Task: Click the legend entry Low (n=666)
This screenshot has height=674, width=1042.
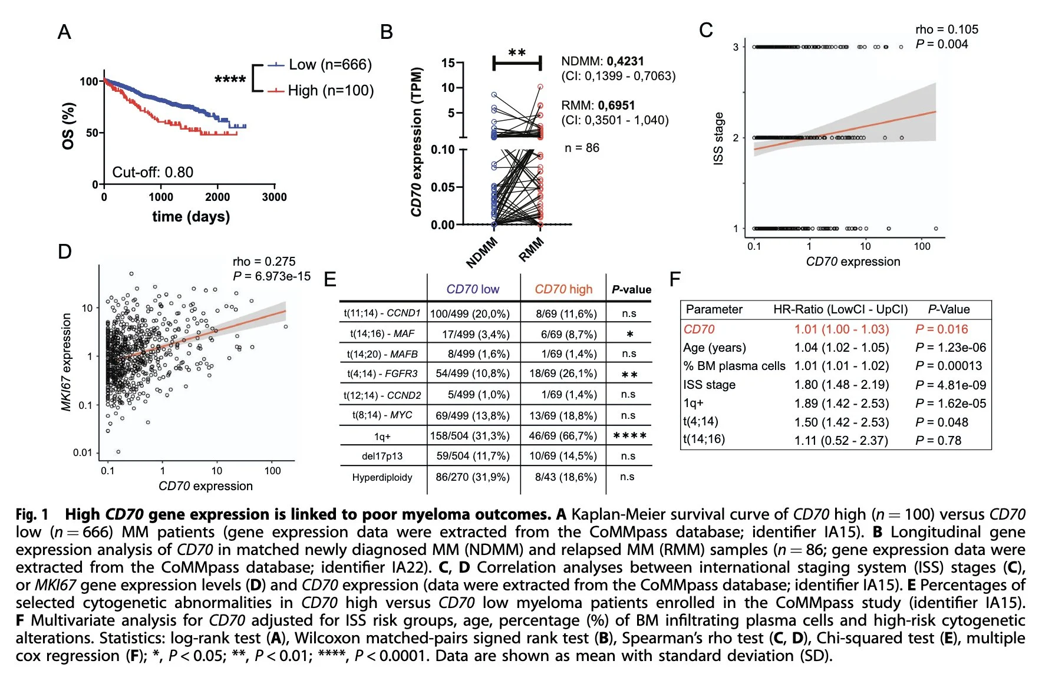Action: click(329, 65)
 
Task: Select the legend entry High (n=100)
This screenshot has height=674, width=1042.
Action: click(330, 91)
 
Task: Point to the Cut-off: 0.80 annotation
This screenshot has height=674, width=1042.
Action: click(153, 173)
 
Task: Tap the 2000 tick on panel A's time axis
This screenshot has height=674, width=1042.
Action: click(217, 197)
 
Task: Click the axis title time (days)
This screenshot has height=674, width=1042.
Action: click(191, 217)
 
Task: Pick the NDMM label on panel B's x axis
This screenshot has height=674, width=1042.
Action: click(482, 253)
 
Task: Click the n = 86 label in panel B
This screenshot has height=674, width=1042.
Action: click(582, 148)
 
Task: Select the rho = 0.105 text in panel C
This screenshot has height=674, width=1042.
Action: click(947, 29)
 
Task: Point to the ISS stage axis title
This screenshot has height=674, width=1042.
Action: click(718, 138)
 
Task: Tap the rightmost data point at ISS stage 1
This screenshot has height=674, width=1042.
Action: click(936, 229)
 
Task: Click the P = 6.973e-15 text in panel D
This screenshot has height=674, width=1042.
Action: click(272, 276)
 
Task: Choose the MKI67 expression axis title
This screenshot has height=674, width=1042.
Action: click(66, 362)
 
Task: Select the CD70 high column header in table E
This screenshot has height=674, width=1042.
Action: click(563, 289)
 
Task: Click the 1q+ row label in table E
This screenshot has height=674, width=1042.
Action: click(382, 437)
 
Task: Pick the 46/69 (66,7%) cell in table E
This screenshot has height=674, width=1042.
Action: click(563, 436)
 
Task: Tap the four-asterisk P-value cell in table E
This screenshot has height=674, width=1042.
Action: click(629, 436)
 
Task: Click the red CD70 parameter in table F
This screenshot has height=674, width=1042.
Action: click(699, 329)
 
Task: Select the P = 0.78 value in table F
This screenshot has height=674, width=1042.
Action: click(938, 441)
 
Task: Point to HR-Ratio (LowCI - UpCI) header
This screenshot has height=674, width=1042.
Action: click(840, 309)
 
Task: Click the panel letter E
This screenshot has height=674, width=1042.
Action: click(330, 279)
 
